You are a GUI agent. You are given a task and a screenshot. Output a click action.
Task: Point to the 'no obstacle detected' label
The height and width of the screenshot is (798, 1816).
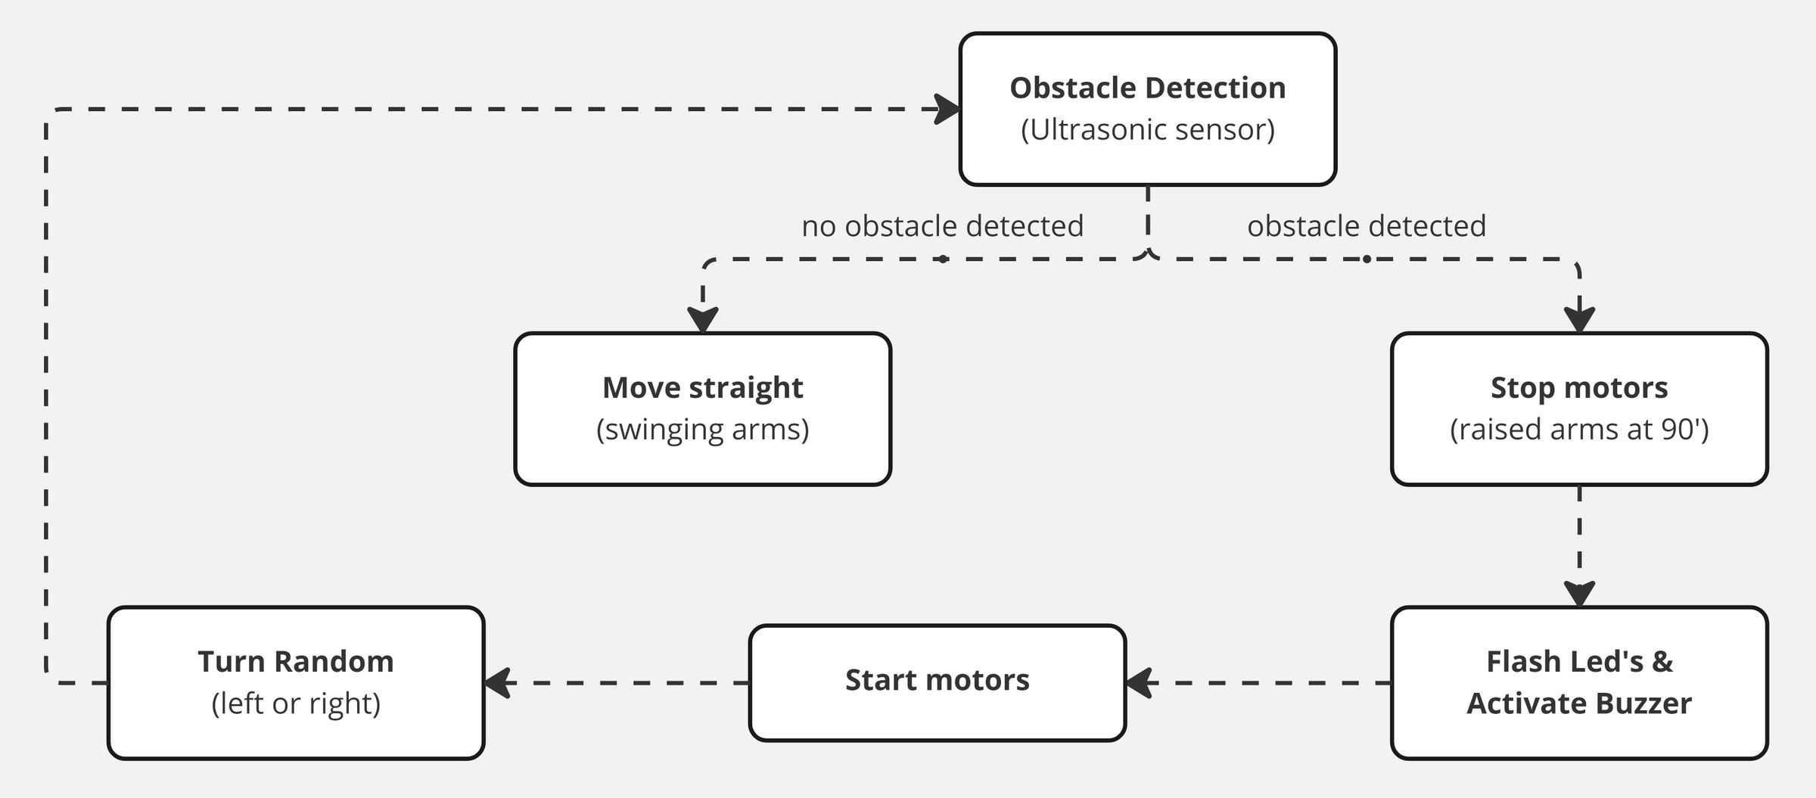click(942, 226)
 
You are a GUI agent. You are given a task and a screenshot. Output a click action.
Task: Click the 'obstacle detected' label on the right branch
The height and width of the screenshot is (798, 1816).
click(1366, 226)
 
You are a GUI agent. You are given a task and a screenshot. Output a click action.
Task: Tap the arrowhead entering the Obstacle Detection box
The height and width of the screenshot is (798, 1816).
click(947, 109)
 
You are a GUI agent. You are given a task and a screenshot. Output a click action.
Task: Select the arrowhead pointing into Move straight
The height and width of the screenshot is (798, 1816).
click(702, 320)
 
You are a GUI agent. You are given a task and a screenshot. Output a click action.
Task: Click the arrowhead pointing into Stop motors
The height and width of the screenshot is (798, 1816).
click(1579, 320)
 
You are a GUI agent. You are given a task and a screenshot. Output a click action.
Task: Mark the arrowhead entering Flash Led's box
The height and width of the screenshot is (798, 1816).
click(1579, 594)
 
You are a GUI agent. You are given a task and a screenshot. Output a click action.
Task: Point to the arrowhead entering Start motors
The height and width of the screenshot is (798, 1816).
click(1139, 683)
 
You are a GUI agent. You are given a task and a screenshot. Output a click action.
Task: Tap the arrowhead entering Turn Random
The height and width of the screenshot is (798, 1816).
click(497, 683)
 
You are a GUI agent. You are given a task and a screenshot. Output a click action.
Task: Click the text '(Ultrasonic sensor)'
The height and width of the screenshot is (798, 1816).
click(1147, 129)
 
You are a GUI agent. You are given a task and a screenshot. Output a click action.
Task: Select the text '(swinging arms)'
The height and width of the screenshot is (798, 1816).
click(702, 429)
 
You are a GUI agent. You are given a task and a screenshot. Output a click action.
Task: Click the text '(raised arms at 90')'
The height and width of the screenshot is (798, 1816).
click(1578, 429)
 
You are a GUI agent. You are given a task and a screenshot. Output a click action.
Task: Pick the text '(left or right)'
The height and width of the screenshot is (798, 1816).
click(295, 703)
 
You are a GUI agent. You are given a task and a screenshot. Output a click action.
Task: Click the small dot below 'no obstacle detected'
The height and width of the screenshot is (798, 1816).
click(942, 259)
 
